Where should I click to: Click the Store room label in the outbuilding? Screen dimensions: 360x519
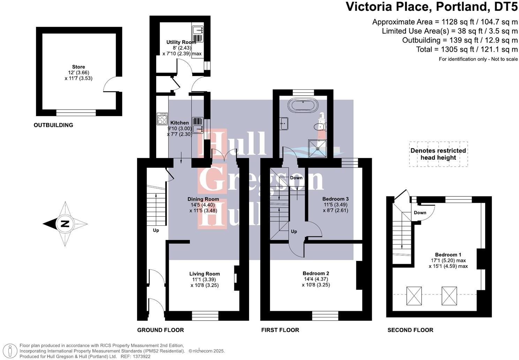pyautogui.click(x=78, y=67)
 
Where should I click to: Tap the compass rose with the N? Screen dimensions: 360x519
pyautogui.click(x=65, y=224)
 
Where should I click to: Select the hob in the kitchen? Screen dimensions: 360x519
pyautogui.click(x=162, y=119)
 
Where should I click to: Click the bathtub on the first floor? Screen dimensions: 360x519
pyautogui.click(x=302, y=104)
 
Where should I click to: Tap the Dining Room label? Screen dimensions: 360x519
pyautogui.click(x=203, y=199)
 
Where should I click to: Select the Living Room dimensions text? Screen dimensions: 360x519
pyautogui.click(x=204, y=283)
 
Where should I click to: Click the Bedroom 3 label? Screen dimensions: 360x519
pyautogui.click(x=335, y=199)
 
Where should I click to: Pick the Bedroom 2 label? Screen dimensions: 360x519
pyautogui.click(x=316, y=273)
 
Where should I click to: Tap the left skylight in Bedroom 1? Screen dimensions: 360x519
pyautogui.click(x=414, y=295)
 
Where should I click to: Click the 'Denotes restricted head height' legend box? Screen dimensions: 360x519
pyautogui.click(x=438, y=154)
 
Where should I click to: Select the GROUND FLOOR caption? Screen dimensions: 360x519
pyautogui.click(x=160, y=330)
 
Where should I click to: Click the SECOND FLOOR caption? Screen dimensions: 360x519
pyautogui.click(x=410, y=330)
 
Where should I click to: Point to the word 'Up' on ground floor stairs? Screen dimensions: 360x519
pyautogui.click(x=156, y=231)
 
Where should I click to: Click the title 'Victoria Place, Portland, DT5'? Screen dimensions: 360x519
pyautogui.click(x=431, y=7)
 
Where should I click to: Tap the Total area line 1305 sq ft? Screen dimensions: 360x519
pyautogui.click(x=467, y=50)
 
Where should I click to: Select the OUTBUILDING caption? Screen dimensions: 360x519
pyautogui.click(x=53, y=125)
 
